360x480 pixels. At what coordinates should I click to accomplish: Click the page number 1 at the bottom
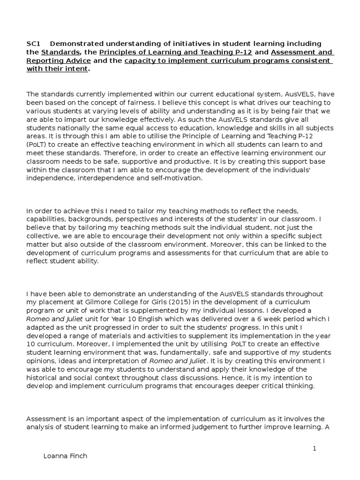[315, 449]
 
